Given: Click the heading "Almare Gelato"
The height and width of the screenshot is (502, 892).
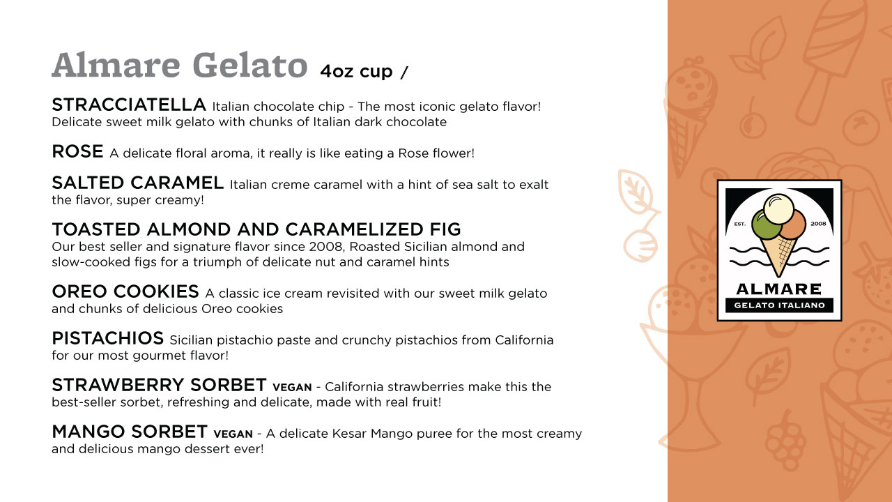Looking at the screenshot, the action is tap(179, 65).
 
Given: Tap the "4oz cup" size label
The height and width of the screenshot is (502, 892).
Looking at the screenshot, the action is tap(356, 71).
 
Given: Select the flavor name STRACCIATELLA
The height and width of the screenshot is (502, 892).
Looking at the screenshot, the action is tap(129, 105).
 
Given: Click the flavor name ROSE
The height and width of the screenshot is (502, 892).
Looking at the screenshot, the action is tap(77, 151).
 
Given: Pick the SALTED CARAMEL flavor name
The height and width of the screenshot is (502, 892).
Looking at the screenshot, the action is tap(138, 183).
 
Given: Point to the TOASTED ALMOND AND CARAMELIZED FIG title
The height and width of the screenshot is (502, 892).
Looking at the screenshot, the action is tap(256, 229).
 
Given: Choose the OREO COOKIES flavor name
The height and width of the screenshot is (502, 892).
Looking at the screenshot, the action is tap(125, 291).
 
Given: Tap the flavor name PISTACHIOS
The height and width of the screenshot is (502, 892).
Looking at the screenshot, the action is tap(108, 338).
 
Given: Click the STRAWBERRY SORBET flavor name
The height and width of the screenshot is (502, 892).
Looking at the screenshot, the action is tap(160, 385).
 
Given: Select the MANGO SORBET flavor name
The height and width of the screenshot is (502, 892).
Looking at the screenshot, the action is tap(130, 432).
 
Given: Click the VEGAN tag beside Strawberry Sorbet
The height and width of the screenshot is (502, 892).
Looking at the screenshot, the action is tap(292, 387).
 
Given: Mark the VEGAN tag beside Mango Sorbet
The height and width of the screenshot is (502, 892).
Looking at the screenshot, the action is tap(233, 434).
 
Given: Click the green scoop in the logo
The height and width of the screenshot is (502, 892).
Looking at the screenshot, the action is tap(765, 225).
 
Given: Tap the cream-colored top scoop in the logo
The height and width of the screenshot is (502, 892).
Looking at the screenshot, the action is tap(778, 208).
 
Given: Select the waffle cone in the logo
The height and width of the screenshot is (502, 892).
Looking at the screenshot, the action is tap(778, 255).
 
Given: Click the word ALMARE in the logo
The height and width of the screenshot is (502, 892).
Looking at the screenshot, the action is tap(779, 289).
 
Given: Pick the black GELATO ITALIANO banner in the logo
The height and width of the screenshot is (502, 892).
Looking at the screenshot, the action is tap(779, 305).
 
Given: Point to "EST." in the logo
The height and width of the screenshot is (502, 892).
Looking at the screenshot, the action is tap(740, 225).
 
